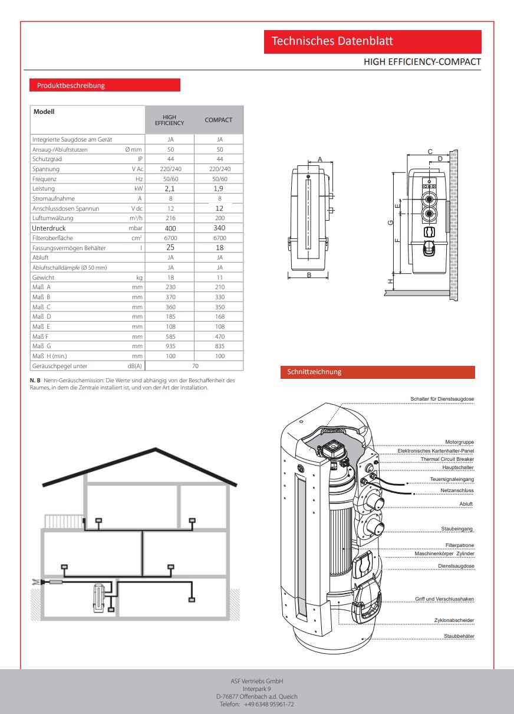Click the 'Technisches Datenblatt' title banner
[x=373, y=41]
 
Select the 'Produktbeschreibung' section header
[x=105, y=86]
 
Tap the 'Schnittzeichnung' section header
[x=377, y=372]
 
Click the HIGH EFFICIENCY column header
[x=169, y=120]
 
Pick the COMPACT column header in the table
[x=219, y=120]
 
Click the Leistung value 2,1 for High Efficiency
[x=170, y=189]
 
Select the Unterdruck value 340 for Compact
[x=219, y=228]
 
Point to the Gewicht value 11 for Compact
[x=219, y=277]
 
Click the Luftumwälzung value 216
[x=170, y=218]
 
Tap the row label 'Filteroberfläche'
[x=55, y=238]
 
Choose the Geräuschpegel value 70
[x=195, y=366]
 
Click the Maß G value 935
[x=170, y=346]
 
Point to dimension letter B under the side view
[x=309, y=274]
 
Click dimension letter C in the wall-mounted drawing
[x=430, y=152]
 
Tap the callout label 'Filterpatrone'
[x=459, y=545]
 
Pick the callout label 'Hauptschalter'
[x=458, y=467]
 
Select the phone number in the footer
[x=256, y=704]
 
